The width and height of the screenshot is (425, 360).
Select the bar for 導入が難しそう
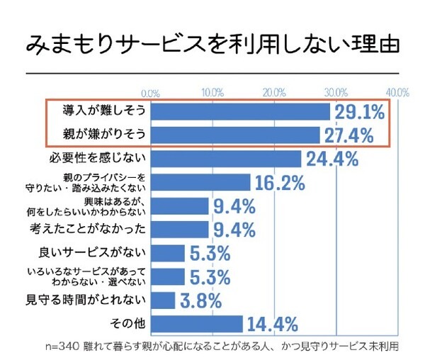tap(241, 111)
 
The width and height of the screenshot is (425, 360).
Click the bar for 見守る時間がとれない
tap(164, 300)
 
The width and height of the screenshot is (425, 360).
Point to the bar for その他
tap(197, 324)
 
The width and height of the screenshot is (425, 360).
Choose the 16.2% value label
tap(279, 182)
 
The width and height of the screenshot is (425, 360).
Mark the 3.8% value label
tap(199, 300)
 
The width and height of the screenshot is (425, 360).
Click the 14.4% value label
tap(272, 325)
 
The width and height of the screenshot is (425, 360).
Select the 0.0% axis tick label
tap(151, 93)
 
